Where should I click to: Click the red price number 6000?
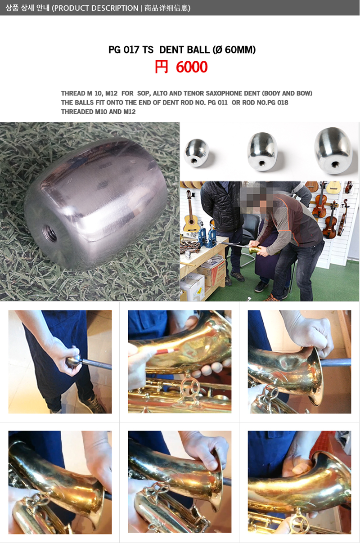pyautogui.click(x=192, y=67)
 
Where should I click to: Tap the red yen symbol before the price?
pyautogui.click(x=161, y=67)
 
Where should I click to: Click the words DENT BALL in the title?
pyautogui.click(x=184, y=50)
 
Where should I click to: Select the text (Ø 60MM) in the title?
pyautogui.click(x=234, y=50)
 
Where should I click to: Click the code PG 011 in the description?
pyautogui.click(x=217, y=103)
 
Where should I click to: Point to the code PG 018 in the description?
pyautogui.click(x=278, y=103)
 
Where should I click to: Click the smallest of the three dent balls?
pyautogui.click(x=196, y=153)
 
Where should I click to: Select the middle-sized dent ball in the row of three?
pyautogui.click(x=262, y=152)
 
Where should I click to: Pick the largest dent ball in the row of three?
pyautogui.click(x=333, y=150)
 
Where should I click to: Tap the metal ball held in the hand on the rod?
pyautogui.click(x=73, y=361)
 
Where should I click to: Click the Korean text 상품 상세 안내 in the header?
pyautogui.click(x=27, y=8)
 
